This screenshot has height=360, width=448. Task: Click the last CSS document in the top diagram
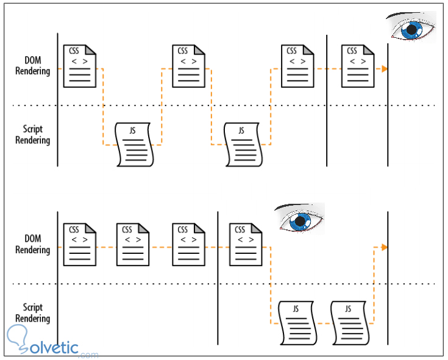(358, 65)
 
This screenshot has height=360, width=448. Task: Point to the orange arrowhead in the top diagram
(384, 69)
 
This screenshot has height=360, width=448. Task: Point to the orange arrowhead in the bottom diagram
(384, 247)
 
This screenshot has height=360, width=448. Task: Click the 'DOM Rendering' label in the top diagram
(33, 66)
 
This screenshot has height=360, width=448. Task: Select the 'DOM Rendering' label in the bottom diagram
(33, 244)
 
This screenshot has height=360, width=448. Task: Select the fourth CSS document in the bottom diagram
(246, 244)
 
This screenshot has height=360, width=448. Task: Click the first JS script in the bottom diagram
(296, 323)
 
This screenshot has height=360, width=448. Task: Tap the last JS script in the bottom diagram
(350, 323)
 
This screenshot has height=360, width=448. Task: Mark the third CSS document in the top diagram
(297, 65)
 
